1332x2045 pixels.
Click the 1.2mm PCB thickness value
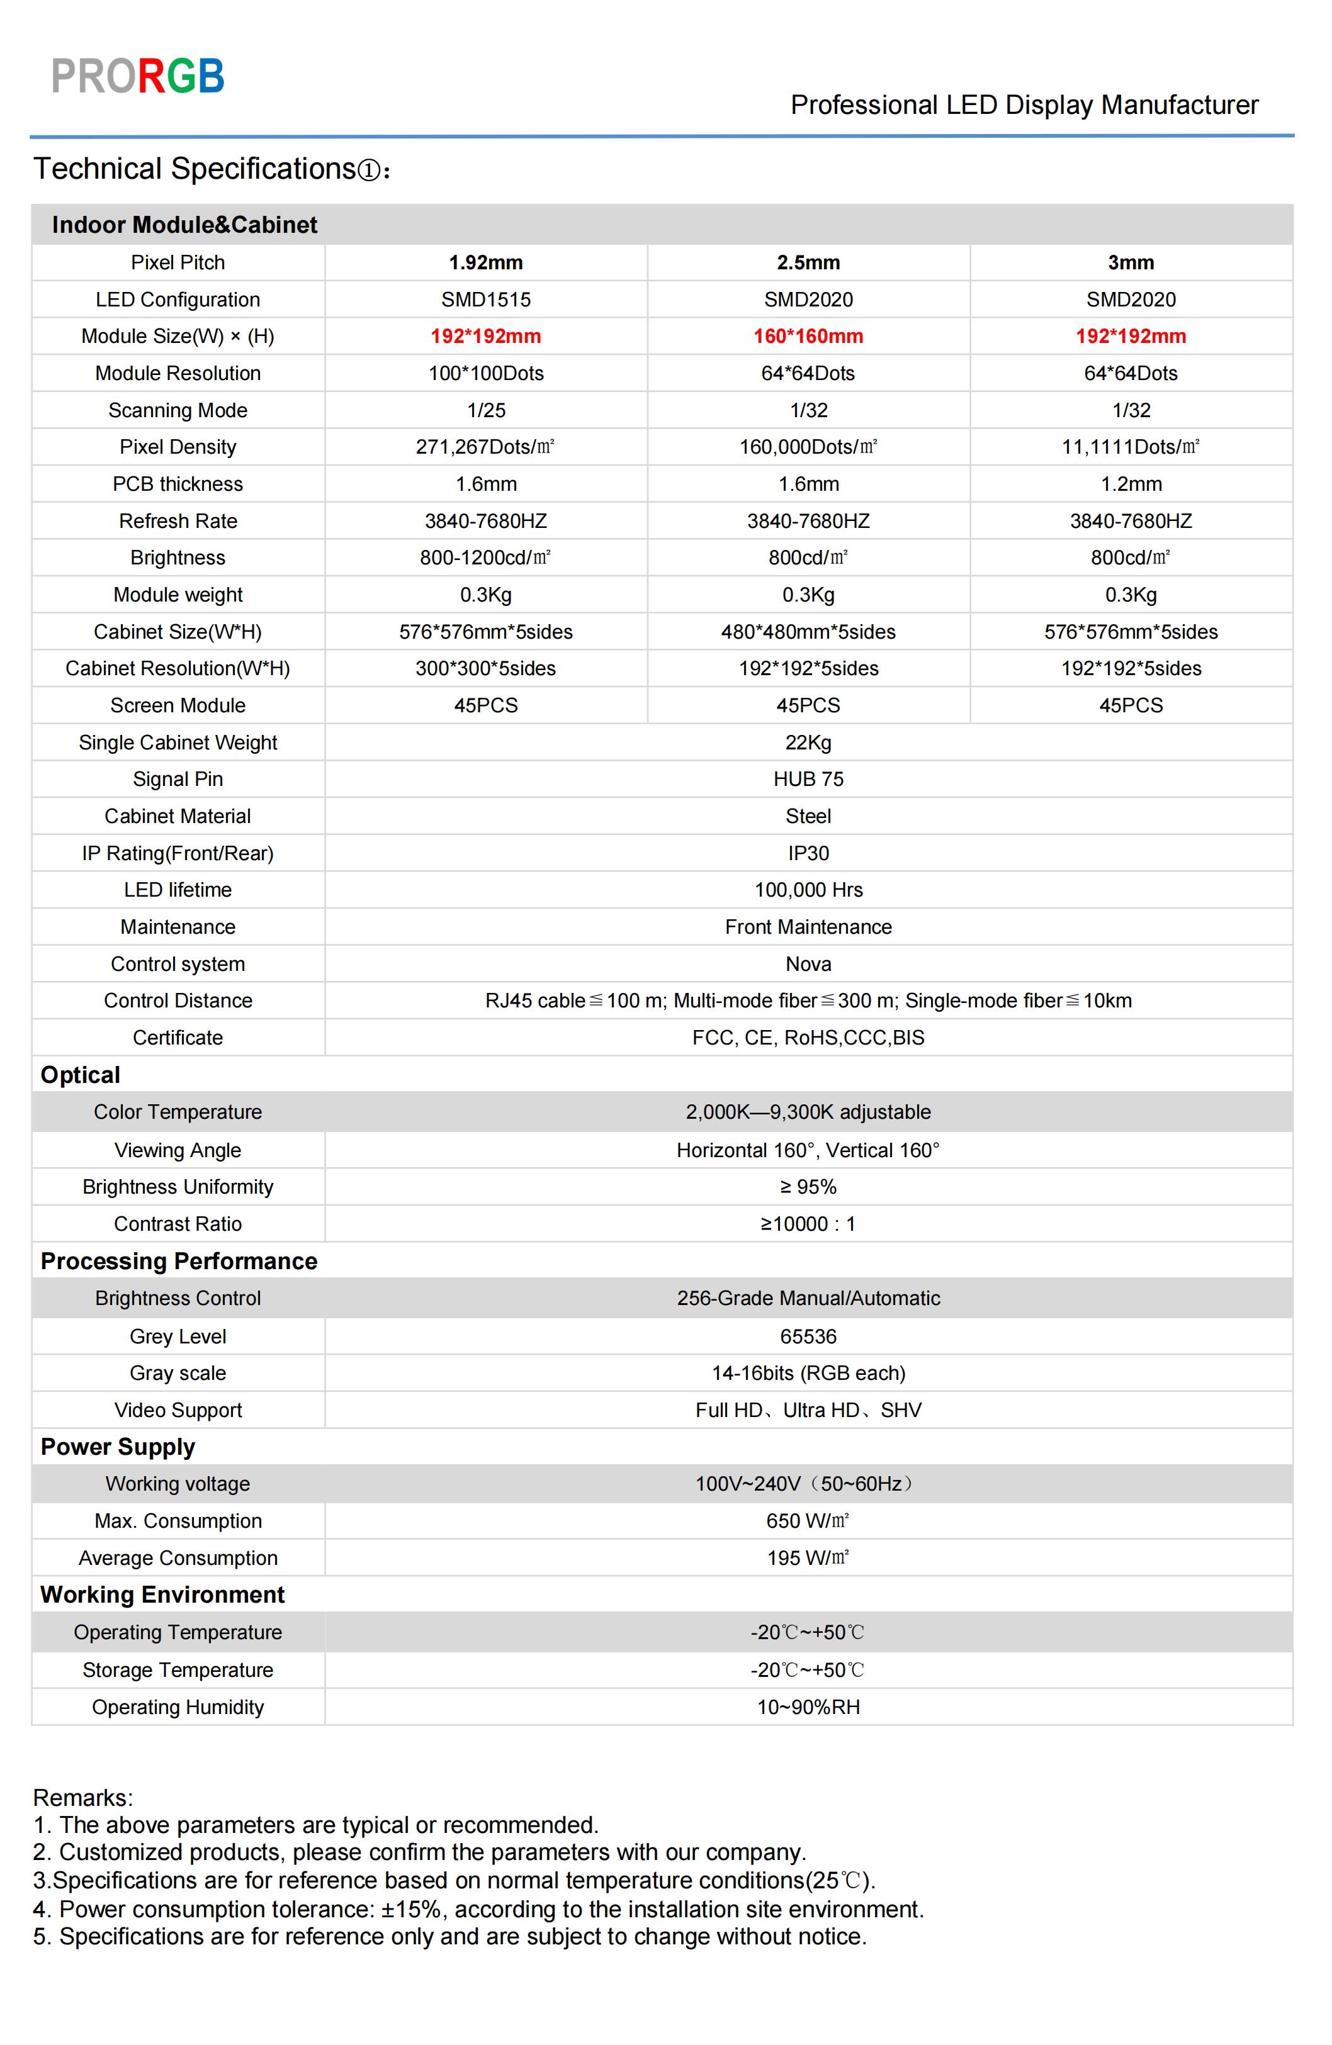pyautogui.click(x=1131, y=485)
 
